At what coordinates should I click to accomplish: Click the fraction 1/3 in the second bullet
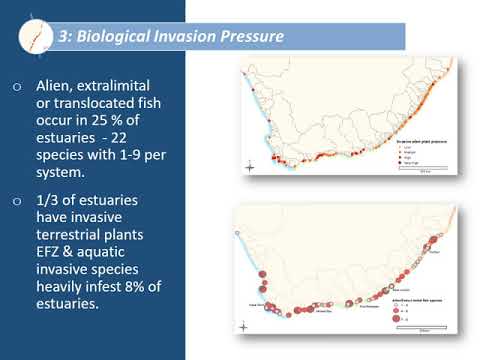[53, 200]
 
